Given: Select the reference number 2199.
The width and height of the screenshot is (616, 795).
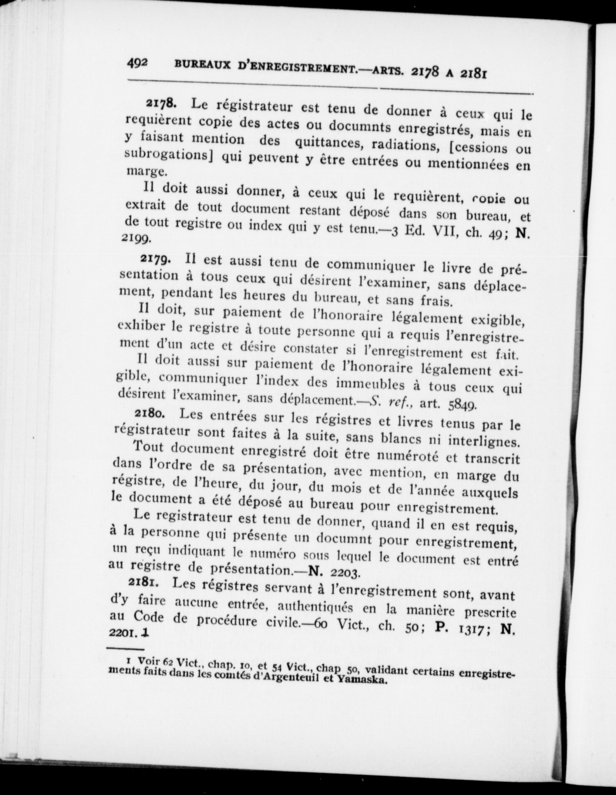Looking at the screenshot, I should (x=139, y=239).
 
